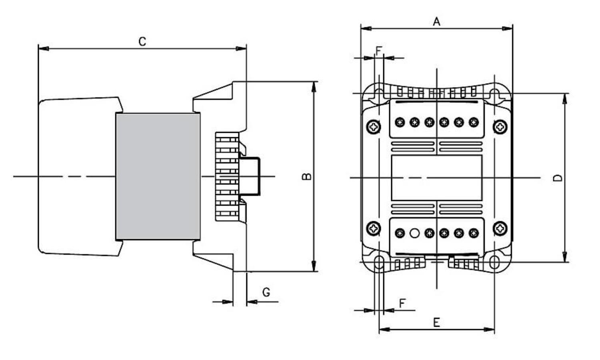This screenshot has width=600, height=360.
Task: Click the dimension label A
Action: point(436,21)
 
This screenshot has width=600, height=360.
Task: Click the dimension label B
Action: point(306,176)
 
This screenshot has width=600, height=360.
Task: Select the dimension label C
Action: point(142,41)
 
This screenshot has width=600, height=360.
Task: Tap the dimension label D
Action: point(557,178)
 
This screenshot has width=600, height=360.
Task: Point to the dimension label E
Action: point(436,322)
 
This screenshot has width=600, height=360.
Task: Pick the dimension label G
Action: point(266,292)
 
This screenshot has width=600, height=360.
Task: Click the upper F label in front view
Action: point(379,51)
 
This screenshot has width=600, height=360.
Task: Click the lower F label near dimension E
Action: point(402,303)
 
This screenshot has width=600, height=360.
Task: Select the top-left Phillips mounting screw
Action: point(373,127)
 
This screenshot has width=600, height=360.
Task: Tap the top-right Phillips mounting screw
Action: point(500,127)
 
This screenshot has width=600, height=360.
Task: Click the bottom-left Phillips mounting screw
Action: point(373,228)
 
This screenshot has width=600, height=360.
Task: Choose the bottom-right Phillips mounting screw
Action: point(500,228)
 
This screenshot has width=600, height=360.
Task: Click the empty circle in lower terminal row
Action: point(415,233)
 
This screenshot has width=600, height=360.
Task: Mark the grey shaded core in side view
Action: point(158,176)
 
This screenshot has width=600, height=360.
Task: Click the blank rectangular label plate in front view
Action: point(436,178)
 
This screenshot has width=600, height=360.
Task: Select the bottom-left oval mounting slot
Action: point(378,262)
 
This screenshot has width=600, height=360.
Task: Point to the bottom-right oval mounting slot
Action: point(494,262)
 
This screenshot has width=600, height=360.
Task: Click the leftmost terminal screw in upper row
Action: point(400,122)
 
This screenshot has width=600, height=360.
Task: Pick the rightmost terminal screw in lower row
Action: point(474,233)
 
